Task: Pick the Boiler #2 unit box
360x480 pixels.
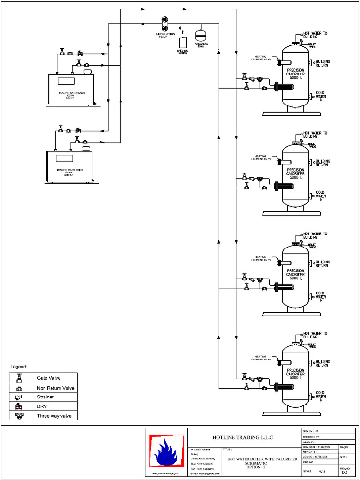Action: click(x=69, y=166)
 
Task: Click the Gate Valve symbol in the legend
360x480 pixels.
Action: click(x=19, y=378)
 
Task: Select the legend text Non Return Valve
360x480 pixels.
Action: click(x=55, y=388)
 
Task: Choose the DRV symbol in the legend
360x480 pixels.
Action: click(x=19, y=406)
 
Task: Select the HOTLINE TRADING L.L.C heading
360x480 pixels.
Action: click(x=242, y=438)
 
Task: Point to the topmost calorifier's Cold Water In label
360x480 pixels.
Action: click(x=321, y=97)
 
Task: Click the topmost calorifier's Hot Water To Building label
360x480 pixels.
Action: click(x=315, y=35)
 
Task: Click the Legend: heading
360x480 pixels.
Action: click(x=19, y=366)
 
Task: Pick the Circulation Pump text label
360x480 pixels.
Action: click(x=165, y=35)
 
